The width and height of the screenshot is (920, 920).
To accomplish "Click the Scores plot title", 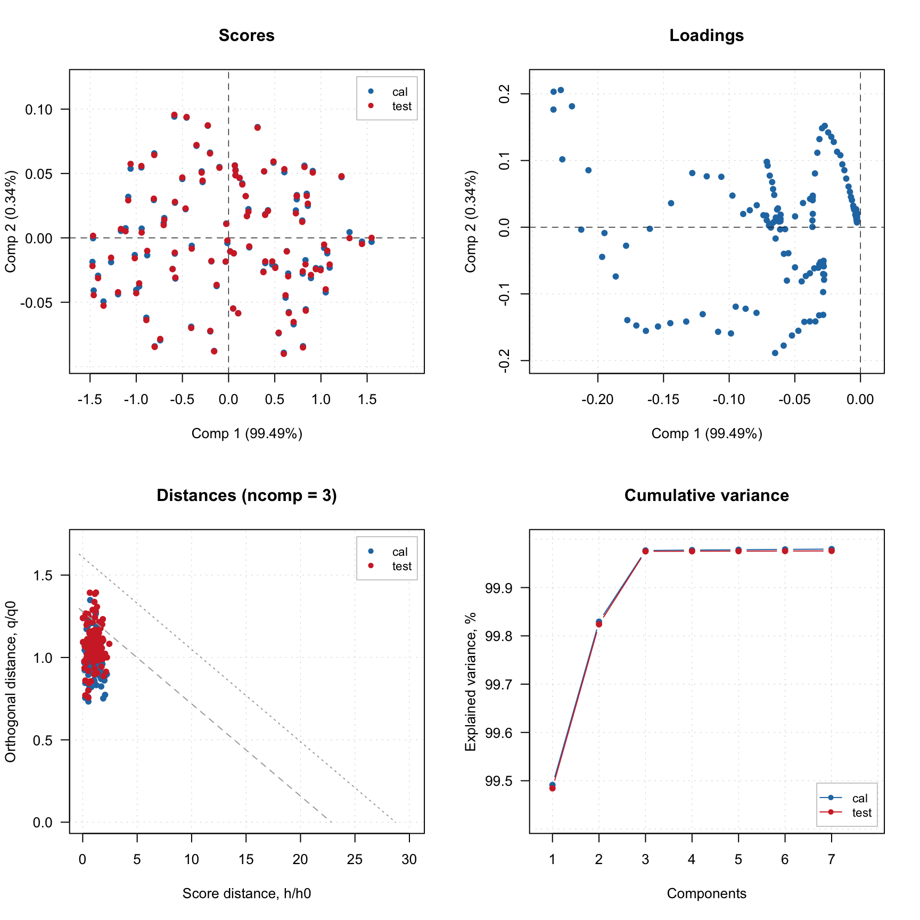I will (x=247, y=35).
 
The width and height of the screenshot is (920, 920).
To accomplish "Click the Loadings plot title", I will (x=707, y=35).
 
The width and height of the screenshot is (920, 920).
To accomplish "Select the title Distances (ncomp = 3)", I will (x=247, y=495).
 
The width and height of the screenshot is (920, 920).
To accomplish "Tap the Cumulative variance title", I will (x=707, y=495).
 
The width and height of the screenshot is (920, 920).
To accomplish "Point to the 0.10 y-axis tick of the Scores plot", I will (x=39, y=110).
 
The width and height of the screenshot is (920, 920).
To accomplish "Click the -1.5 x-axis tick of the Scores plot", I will (x=89, y=399).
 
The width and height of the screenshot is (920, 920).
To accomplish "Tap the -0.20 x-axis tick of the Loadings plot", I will (x=597, y=399).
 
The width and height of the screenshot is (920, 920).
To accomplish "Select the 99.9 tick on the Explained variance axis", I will (x=499, y=588).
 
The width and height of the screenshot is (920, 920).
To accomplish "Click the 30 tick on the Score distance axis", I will (x=409, y=859).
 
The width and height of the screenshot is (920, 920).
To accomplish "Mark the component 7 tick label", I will (x=831, y=859).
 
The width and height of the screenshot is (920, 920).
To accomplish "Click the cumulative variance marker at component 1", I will (x=552, y=786).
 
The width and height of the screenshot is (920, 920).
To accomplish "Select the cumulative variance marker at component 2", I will (x=599, y=622).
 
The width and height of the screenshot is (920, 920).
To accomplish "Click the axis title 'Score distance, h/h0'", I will (x=247, y=893).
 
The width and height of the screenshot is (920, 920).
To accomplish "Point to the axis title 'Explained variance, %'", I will (x=470, y=681).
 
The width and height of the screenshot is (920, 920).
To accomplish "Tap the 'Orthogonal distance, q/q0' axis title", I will (x=10, y=681).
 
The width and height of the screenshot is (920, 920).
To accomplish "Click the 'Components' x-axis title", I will (x=707, y=893).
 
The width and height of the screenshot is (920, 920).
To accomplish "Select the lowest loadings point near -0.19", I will (x=775, y=353).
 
